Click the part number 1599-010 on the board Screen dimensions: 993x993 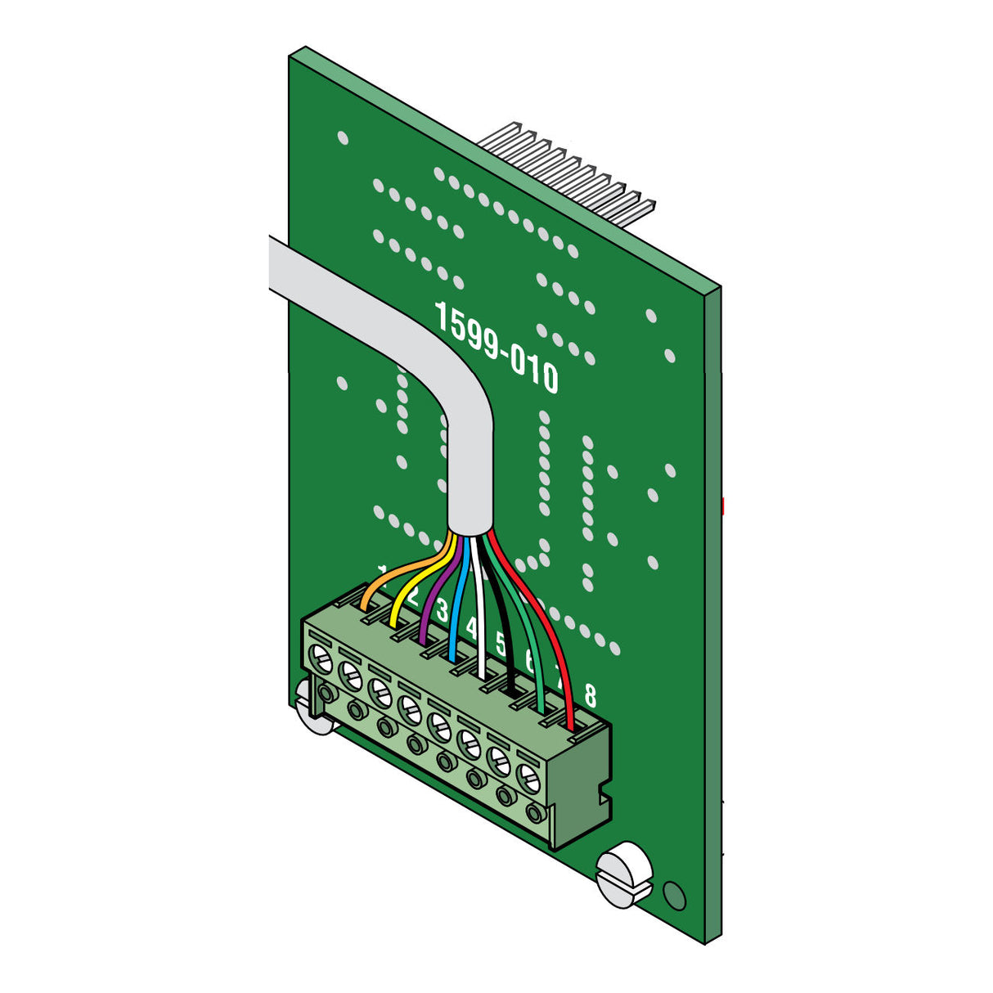click(x=496, y=348)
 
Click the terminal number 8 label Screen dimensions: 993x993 click(x=590, y=696)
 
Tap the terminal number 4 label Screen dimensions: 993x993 click(x=472, y=628)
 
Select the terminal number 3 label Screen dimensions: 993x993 click(x=443, y=610)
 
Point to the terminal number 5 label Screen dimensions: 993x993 click(x=501, y=644)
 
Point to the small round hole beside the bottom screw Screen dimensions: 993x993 click(x=676, y=896)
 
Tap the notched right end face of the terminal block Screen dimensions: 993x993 click(x=582, y=785)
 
